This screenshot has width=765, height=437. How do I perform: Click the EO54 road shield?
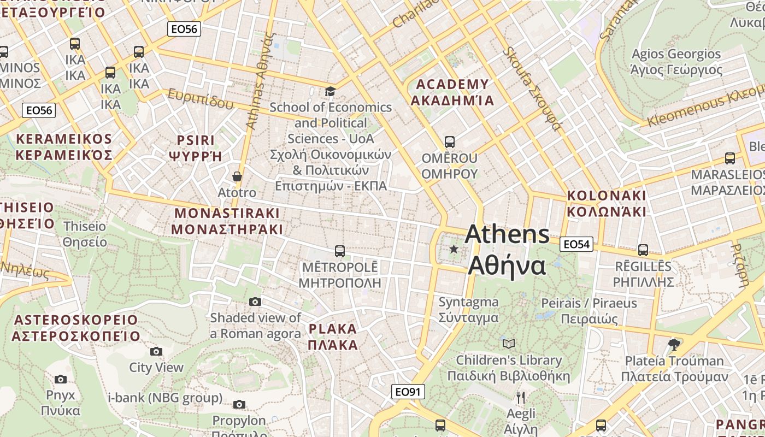576,244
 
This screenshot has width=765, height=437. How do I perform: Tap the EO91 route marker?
408,392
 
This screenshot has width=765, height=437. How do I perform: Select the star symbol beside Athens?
454,249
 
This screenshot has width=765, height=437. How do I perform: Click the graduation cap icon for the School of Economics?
330,91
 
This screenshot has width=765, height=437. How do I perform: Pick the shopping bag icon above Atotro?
237,176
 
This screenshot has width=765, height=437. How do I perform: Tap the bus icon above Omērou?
450,142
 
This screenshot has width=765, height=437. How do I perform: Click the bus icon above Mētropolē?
339,251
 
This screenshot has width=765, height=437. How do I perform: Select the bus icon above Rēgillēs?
643,250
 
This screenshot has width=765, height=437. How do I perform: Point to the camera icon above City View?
156,351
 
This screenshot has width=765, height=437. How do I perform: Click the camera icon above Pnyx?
61,379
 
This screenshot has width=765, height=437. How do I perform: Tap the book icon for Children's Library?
509,344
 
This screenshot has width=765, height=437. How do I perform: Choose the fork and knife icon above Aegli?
521,397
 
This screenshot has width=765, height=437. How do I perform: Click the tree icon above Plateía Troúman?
674,344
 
